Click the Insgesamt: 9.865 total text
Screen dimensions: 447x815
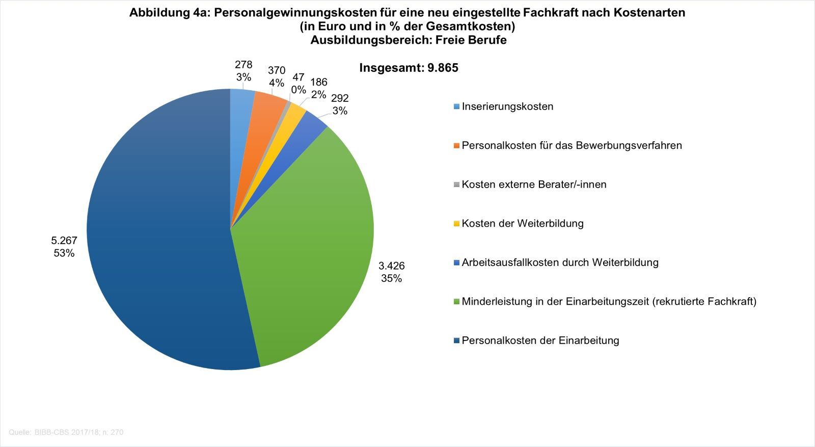click(409, 68)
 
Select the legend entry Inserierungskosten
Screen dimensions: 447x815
click(507, 107)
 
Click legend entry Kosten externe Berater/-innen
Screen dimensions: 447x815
click(534, 185)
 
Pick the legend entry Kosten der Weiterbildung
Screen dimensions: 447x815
click(523, 223)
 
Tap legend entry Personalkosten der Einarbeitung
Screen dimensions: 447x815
click(540, 340)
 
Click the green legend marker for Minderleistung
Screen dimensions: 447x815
click(456, 302)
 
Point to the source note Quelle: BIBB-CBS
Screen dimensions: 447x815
click(66, 432)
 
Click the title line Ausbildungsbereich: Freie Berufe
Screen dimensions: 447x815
click(409, 40)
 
